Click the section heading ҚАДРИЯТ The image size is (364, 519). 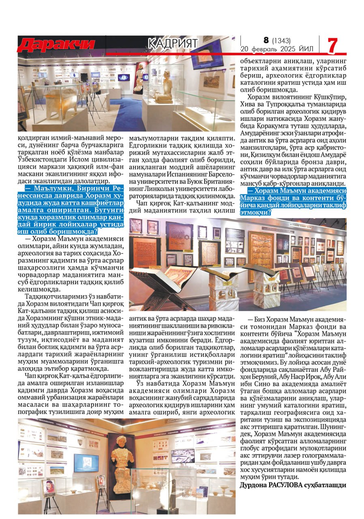point(173,43)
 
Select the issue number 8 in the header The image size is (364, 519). point(266,40)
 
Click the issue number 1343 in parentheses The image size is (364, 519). point(281,40)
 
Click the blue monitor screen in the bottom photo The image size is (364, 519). point(86,463)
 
